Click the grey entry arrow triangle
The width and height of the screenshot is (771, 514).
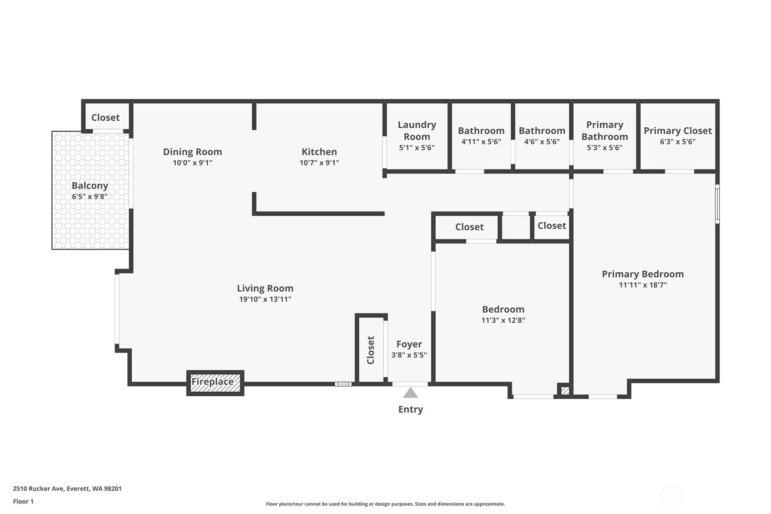[410, 393]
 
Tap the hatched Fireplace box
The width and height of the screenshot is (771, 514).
[215, 383]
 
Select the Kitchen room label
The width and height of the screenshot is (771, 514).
[319, 152]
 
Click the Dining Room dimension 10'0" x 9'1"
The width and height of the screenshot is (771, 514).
[192, 163]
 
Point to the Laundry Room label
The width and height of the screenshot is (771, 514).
[417, 130]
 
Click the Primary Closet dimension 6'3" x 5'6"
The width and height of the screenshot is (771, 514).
[677, 142]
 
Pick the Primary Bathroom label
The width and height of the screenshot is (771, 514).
[604, 130]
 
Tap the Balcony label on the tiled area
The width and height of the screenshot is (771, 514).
[90, 185]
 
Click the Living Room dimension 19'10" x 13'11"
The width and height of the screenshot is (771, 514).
[265, 299]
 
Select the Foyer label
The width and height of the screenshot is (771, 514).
[409, 344]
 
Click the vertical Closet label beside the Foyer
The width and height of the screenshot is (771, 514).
[371, 350]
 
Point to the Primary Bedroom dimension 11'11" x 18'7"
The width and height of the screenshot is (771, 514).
[642, 285]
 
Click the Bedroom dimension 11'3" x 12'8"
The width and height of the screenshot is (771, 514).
[503, 320]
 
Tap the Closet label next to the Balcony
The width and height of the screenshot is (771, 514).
[105, 117]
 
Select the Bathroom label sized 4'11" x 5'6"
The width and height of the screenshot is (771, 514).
[481, 131]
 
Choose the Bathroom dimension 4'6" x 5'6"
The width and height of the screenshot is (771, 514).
[542, 142]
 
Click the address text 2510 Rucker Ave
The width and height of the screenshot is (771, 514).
[67, 489]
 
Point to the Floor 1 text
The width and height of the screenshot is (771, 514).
[23, 501]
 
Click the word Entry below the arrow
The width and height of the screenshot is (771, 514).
[410, 409]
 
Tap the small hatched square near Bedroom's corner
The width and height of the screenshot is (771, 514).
[565, 390]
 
